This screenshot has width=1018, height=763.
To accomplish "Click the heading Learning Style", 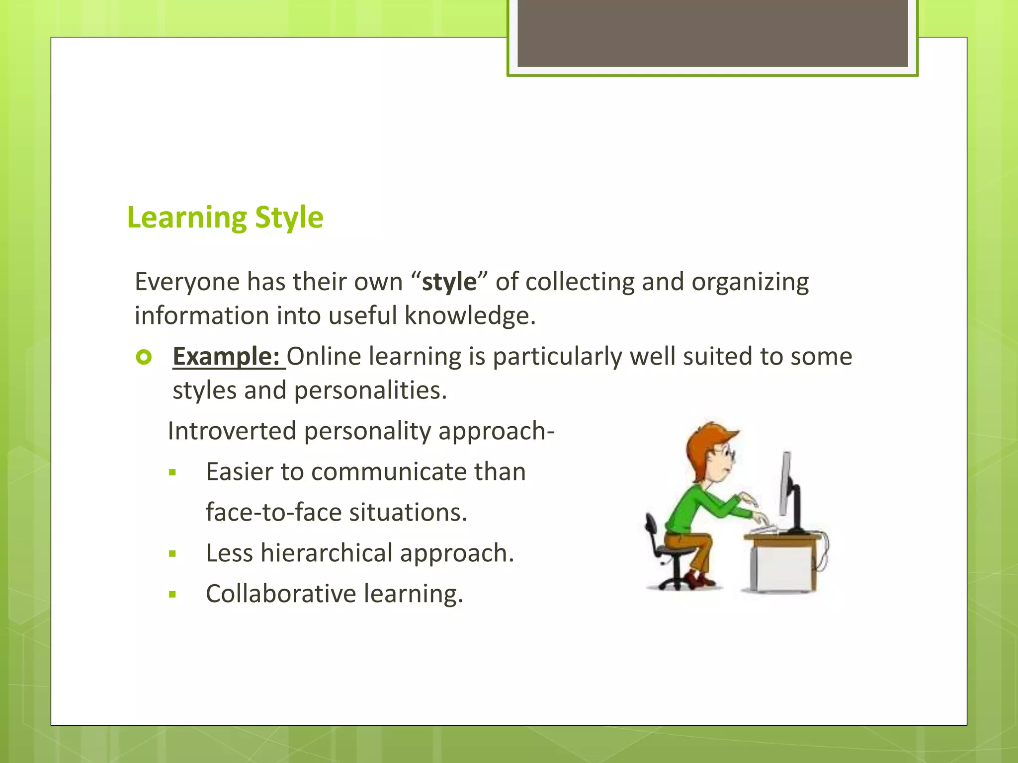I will click(x=225, y=217).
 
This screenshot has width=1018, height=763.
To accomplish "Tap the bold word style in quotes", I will click(x=449, y=282).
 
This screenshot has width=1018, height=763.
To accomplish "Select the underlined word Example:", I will click(x=226, y=356).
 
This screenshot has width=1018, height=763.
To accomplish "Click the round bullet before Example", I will click(x=144, y=357).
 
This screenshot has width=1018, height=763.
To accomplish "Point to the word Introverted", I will click(x=232, y=431).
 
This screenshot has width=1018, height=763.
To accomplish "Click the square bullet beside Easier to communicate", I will click(x=172, y=472).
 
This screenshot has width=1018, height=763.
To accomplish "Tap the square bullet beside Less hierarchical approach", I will click(x=172, y=554).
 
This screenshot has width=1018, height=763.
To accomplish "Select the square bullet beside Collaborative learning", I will click(x=172, y=594).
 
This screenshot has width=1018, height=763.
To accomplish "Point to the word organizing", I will click(x=750, y=282).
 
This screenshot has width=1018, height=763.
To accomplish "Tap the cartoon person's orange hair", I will click(x=706, y=440).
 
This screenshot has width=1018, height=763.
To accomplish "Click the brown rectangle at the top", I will click(x=712, y=32).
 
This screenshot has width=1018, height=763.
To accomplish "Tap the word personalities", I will click(x=370, y=390).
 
